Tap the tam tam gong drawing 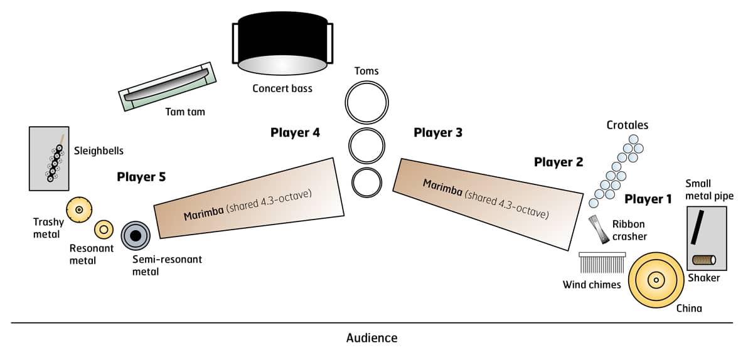(166, 87)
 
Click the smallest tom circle (366, 181)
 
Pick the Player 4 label (295, 133)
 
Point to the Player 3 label (438, 133)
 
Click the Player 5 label (141, 177)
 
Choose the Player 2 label (558, 162)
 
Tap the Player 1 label (648, 199)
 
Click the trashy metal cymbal (79, 209)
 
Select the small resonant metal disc (104, 230)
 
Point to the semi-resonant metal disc (135, 235)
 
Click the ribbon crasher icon (599, 230)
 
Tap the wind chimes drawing (602, 263)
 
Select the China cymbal (656, 279)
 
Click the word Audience (371, 338)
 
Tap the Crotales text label (627, 125)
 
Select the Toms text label (366, 71)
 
